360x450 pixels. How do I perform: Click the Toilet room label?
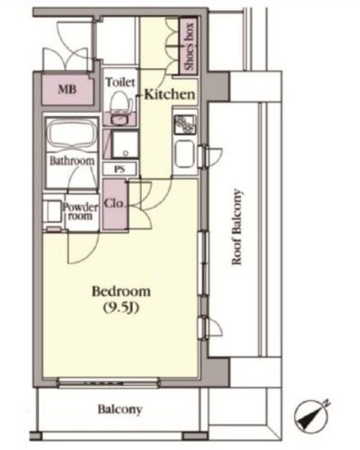click(120, 82)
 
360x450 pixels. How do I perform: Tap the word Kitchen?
click(170, 94)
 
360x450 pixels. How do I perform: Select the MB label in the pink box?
click(67, 90)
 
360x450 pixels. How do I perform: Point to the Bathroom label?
click(72, 161)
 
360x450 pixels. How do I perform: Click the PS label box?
click(120, 169)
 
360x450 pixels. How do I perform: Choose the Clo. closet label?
click(114, 203)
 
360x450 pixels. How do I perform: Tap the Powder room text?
click(81, 211)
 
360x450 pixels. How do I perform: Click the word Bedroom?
click(121, 292)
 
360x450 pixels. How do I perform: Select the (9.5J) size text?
click(121, 308)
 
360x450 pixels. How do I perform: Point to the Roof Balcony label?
click(237, 227)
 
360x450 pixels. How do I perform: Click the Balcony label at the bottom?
click(120, 410)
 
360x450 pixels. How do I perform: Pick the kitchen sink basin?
click(185, 154)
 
